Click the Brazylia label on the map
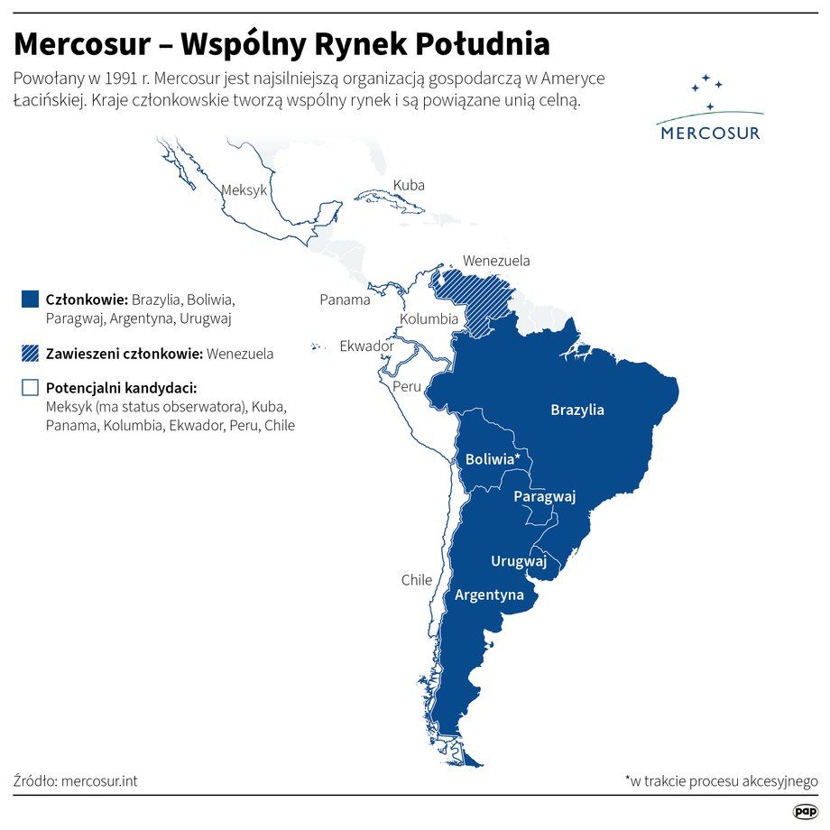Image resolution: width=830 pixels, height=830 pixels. click(577, 410)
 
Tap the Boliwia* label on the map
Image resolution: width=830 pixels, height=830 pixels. click(493, 459)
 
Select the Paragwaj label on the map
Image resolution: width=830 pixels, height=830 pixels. click(544, 497)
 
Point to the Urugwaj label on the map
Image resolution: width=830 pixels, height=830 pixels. click(519, 561)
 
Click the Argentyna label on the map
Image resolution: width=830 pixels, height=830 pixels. click(489, 595)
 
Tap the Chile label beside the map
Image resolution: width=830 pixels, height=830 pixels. click(417, 580)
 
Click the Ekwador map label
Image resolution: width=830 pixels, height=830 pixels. click(366, 346)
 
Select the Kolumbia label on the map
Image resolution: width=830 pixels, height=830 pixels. click(429, 318)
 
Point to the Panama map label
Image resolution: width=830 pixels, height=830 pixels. click(345, 300)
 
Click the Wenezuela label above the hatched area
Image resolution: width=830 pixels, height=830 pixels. click(496, 261)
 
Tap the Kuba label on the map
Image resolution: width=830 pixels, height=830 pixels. click(409, 185)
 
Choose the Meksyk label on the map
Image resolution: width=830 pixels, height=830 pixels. click(244, 190)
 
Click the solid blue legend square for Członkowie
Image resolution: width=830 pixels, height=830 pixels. click(30, 299)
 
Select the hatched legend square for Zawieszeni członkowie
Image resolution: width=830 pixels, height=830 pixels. click(30, 354)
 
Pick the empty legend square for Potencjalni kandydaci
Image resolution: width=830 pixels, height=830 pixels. click(30, 388)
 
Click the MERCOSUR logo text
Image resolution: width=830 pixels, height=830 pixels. click(710, 133)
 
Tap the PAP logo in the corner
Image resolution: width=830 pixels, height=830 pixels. click(805, 812)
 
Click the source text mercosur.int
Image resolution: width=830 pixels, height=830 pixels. click(99, 780)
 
